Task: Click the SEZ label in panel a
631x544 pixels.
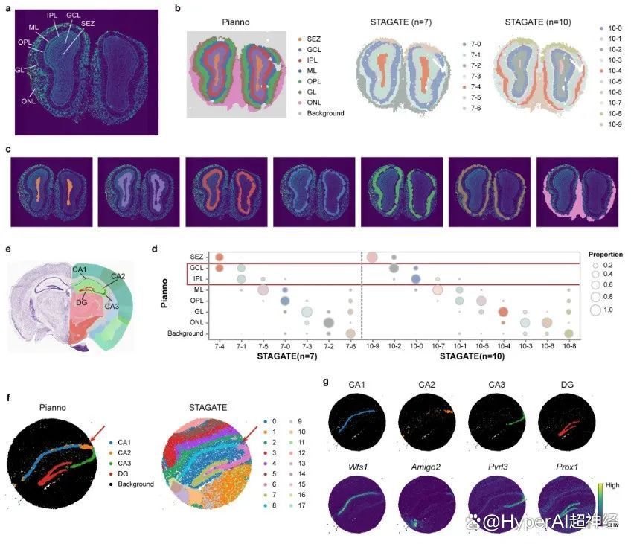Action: coord(88,24)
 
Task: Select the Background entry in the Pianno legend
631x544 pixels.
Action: coord(326,113)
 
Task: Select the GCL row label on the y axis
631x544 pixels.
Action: coord(196,268)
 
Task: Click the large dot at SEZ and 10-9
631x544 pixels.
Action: coord(372,257)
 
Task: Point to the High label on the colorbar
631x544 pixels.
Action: coord(615,485)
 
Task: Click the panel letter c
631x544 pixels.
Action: coord(7,149)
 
